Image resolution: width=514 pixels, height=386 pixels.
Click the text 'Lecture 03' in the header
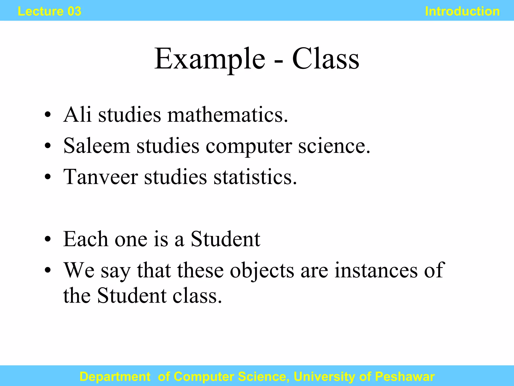click(49, 11)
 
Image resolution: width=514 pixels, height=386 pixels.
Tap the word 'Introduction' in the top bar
click(462, 11)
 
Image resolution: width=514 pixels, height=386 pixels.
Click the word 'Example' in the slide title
click(210, 59)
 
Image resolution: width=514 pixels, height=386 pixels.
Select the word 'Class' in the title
click(326, 59)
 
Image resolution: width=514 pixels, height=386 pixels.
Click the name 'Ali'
click(77, 115)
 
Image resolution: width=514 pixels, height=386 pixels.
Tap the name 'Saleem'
click(97, 146)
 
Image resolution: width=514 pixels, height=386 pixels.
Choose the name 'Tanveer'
click(100, 177)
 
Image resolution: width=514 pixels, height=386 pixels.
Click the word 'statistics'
click(255, 177)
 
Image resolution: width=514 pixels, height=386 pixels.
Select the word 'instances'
click(375, 270)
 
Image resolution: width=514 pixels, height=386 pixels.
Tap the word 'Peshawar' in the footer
click(405, 376)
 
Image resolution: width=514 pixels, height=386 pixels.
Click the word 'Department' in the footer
click(115, 376)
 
